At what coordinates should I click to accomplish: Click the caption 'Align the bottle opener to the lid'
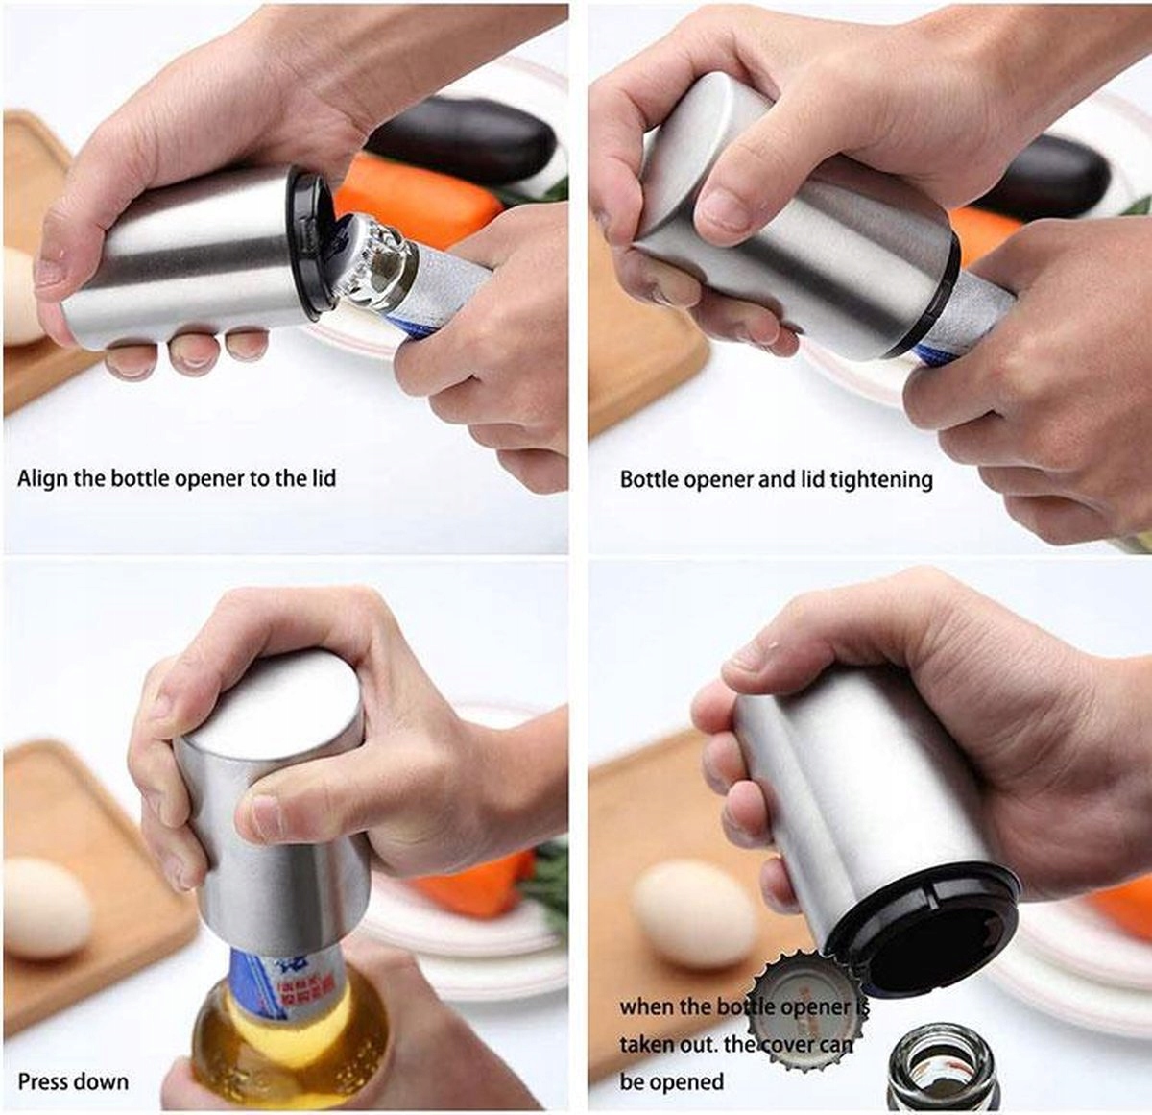pyautogui.click(x=177, y=478)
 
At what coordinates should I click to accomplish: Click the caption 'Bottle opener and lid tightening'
pyautogui.click(x=776, y=479)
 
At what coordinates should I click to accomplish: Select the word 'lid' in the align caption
pyautogui.click(x=323, y=477)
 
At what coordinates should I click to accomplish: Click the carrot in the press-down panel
pyautogui.click(x=473, y=878)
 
